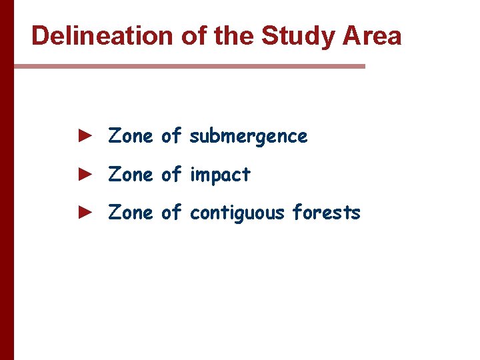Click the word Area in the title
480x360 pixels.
point(374,36)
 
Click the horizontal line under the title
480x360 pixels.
point(189,66)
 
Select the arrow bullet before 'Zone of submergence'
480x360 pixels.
point(84,136)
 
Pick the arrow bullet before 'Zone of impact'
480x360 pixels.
point(84,174)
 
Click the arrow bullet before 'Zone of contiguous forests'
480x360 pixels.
point(84,212)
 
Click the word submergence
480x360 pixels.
point(249,137)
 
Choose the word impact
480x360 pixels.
point(220,175)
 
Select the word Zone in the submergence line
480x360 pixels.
point(131,136)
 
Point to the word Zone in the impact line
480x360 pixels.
point(131,174)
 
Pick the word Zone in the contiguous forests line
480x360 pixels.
point(131,212)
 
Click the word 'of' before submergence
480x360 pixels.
point(171,136)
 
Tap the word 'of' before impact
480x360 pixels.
point(171,174)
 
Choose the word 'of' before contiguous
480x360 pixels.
point(171,212)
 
